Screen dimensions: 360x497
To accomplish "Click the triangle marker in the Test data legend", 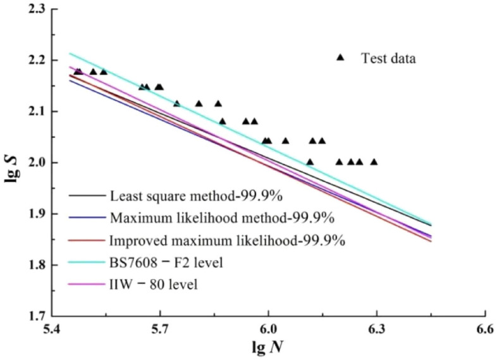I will pyautogui.click(x=340, y=58).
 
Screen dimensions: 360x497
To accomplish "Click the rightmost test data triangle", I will pyautogui.click(x=374, y=162).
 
